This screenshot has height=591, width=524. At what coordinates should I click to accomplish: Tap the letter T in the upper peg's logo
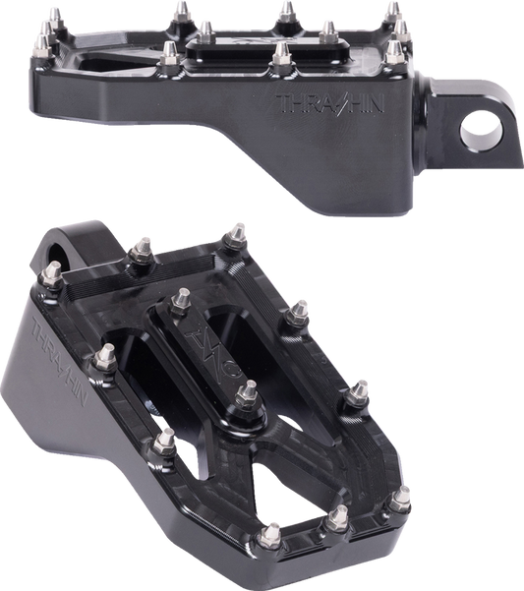click(x=283, y=103)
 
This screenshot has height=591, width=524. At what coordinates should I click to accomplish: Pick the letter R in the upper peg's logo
click(x=307, y=103)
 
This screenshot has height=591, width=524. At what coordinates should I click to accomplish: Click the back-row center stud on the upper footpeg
click(x=286, y=12)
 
